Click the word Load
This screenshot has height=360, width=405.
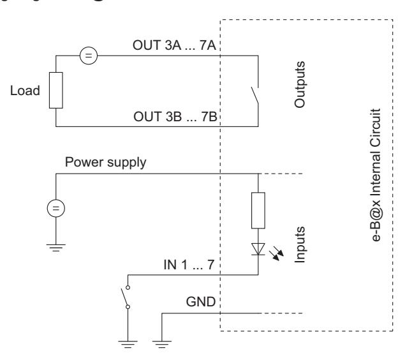coord(25,91)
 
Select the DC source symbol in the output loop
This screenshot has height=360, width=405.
coord(89,56)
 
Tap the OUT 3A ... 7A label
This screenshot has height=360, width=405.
coord(174,45)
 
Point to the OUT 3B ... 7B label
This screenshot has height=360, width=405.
coord(175,117)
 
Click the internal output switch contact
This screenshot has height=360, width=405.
coord(254,96)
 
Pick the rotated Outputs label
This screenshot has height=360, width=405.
coord(300,84)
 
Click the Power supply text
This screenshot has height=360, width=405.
coord(105,163)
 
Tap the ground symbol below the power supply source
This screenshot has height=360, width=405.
coord(55,248)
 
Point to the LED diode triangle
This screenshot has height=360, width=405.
coord(258,249)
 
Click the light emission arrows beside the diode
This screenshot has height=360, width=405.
coord(276,253)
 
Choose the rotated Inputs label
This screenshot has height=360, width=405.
coord(300,244)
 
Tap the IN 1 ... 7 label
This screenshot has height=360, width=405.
coord(189,265)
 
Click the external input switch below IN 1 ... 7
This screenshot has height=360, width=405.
coord(126,297)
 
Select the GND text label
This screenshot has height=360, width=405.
coord(201,302)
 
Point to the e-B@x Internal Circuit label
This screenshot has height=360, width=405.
coord(376,175)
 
